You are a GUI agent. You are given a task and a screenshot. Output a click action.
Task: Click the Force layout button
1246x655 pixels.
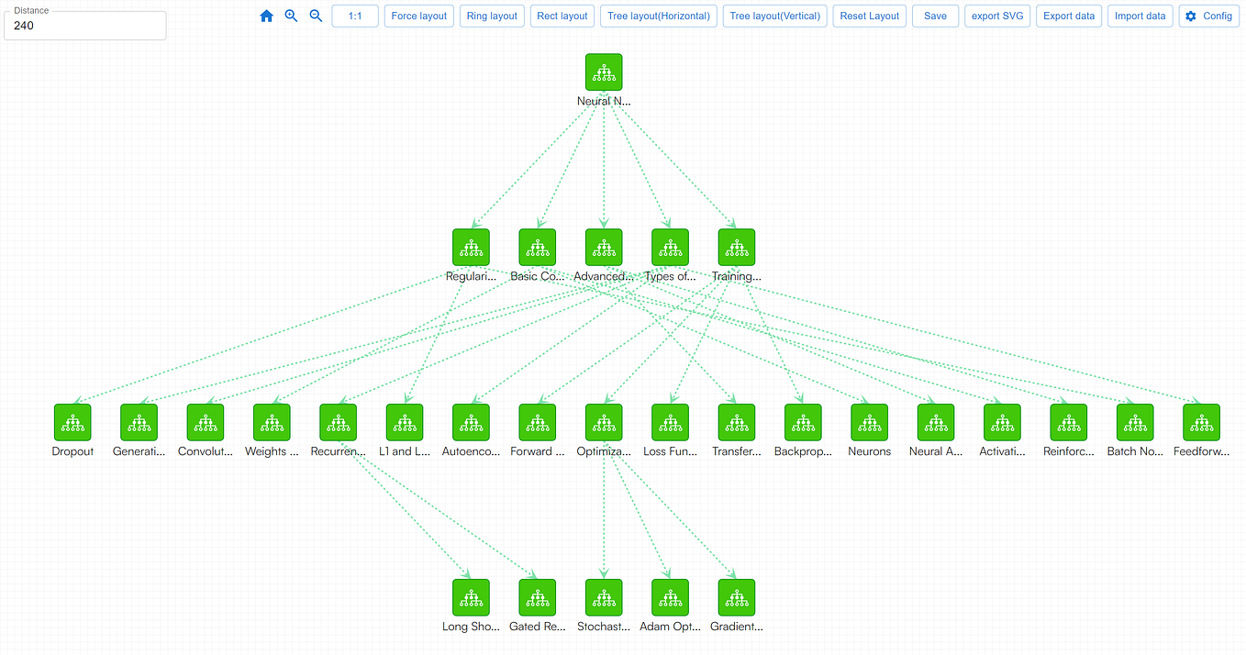419,16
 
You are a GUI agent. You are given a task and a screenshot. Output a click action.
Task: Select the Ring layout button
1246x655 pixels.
492,16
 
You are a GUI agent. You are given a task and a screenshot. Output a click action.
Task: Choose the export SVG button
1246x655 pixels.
998,16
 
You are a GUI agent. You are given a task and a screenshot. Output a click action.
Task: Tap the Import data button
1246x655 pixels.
1140,16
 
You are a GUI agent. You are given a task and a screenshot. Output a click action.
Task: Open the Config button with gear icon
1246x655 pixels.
1207,16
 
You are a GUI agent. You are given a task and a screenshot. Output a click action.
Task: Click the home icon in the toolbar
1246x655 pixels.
267,16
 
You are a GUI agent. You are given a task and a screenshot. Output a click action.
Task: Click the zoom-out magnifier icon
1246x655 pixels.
316,16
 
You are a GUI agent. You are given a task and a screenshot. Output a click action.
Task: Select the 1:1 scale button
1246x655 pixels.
355,16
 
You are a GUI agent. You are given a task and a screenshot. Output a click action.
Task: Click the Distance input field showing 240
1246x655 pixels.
85,26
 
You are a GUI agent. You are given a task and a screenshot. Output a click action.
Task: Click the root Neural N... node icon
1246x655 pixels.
604,72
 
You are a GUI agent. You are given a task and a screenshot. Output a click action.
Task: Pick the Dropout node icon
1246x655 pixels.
72,422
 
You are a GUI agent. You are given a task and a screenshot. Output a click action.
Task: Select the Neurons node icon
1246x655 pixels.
869,422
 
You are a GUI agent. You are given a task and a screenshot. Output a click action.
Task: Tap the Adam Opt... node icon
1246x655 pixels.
670,597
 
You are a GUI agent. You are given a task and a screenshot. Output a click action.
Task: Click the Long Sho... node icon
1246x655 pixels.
471,597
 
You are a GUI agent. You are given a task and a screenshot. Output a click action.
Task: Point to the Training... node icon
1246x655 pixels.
736,248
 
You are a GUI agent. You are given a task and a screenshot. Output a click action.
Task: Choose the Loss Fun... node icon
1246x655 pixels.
670,422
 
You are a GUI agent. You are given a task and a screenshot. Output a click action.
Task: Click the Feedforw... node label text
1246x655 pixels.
1201,451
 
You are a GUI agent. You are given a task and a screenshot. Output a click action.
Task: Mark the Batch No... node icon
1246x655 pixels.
1135,422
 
